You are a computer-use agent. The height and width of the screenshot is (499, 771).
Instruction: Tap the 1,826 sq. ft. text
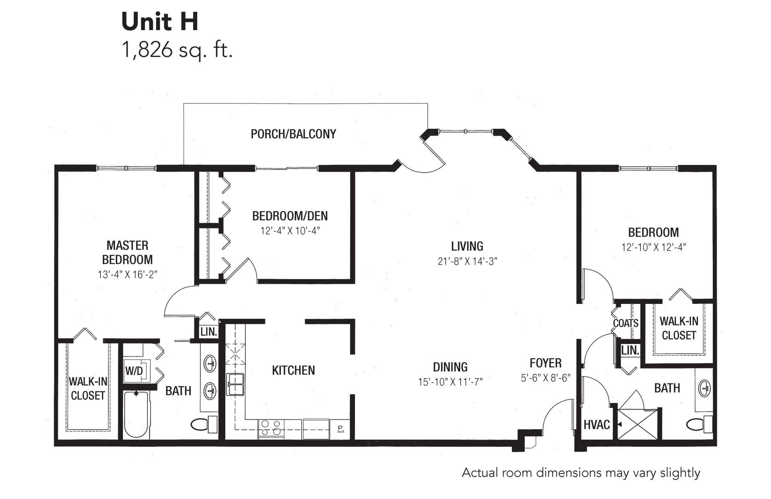(x=177, y=51)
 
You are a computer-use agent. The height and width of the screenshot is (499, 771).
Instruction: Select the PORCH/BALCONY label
(x=294, y=134)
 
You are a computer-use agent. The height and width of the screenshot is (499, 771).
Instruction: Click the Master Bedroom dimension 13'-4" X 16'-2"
(x=127, y=275)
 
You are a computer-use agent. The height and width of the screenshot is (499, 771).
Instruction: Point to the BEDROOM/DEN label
(x=290, y=216)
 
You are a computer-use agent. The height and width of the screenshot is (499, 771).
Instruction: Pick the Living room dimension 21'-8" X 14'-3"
(x=467, y=261)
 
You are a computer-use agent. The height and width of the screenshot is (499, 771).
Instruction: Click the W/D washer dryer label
(x=134, y=371)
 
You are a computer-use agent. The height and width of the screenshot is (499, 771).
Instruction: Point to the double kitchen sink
(x=235, y=385)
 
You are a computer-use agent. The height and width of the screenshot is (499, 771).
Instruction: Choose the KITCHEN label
(x=294, y=370)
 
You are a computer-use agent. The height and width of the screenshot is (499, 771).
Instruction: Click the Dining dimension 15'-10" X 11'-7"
(x=450, y=381)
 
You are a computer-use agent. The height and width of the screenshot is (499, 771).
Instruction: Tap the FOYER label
(x=546, y=363)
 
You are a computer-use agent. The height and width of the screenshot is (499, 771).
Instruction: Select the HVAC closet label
(x=597, y=424)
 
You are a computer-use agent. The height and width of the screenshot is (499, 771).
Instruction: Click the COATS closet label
(x=626, y=323)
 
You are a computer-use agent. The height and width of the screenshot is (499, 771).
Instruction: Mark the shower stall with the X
(x=638, y=424)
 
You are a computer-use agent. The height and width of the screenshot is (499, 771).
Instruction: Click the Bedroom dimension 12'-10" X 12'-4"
(x=654, y=247)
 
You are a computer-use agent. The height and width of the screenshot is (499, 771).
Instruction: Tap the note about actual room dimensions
(x=581, y=473)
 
